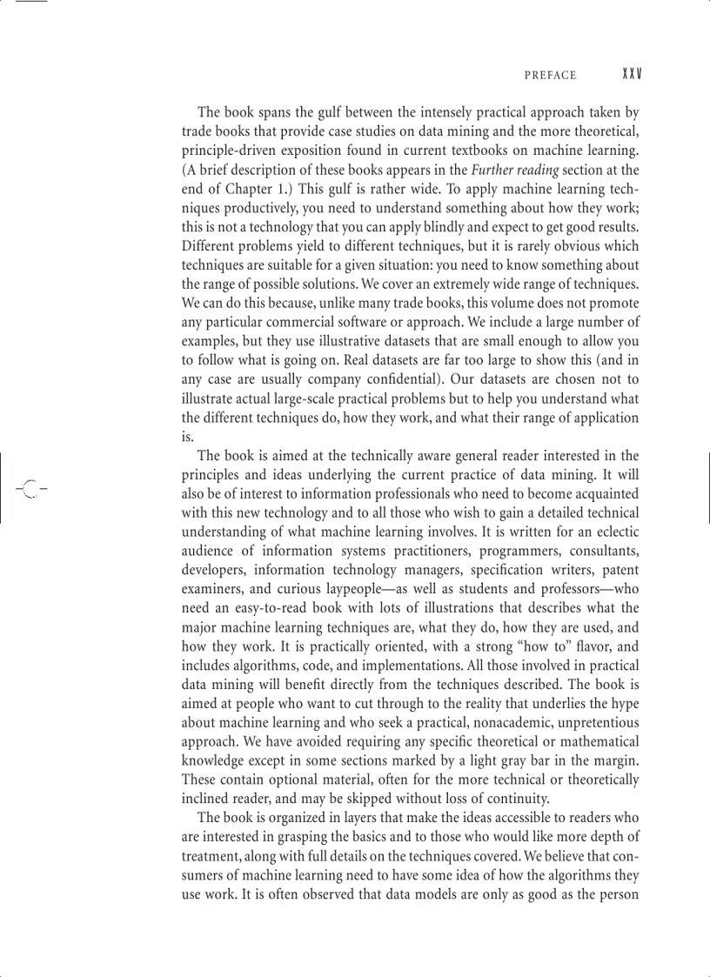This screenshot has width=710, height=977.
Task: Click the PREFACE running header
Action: (x=550, y=76)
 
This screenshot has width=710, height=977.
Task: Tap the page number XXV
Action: (x=632, y=75)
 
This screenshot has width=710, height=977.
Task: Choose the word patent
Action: (x=615, y=571)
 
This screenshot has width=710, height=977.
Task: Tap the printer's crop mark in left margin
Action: (x=30, y=488)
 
